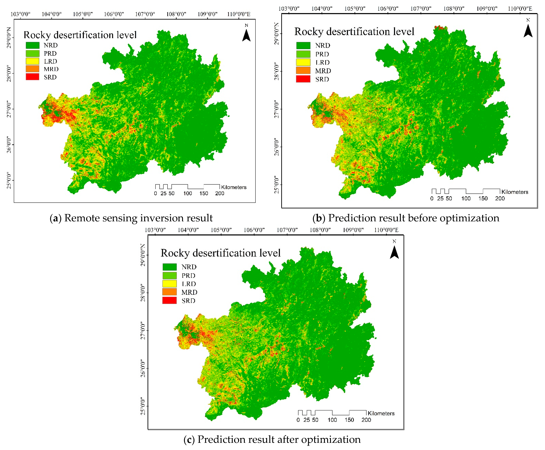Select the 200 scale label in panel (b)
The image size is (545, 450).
(500, 199)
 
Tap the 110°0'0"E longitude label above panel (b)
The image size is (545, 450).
(520, 9)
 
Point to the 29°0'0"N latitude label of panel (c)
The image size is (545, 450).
(143, 255)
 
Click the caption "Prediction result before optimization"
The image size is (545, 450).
(414, 218)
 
